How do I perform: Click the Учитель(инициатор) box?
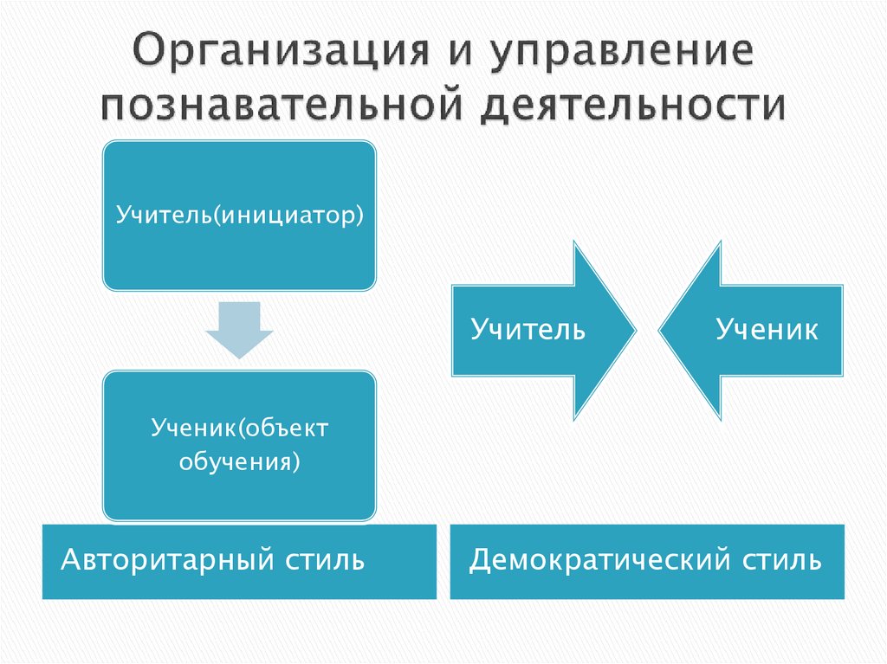[239, 215]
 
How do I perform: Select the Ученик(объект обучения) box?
[239, 445]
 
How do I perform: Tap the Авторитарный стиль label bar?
[239, 561]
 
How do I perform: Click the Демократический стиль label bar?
[646, 561]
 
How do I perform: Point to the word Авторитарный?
[167, 560]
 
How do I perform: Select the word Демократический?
[601, 560]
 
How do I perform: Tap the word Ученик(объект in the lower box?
[240, 428]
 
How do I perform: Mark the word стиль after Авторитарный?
[323, 560]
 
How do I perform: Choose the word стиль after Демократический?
[781, 560]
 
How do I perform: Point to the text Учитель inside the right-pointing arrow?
[528, 330]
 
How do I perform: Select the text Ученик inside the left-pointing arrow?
[766, 330]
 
